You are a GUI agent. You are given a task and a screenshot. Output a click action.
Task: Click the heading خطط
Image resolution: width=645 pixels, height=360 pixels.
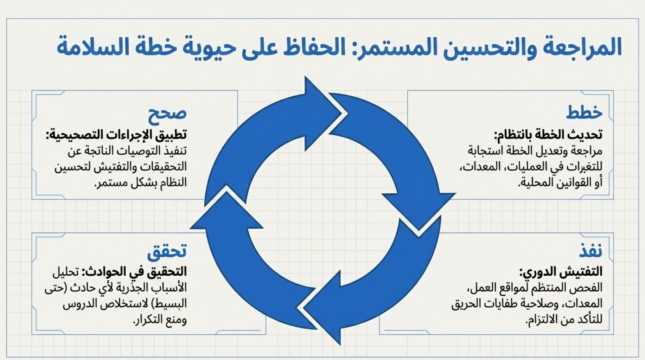[584, 112]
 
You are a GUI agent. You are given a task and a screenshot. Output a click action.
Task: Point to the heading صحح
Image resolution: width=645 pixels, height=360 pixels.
[167, 114]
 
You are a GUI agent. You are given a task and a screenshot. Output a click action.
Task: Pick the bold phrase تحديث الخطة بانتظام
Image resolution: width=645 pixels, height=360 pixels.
[549, 134]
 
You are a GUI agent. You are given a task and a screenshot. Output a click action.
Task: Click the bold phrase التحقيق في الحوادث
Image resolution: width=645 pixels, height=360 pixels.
[134, 271]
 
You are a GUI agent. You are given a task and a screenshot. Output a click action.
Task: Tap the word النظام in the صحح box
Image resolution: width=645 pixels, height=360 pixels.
[172, 182]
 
